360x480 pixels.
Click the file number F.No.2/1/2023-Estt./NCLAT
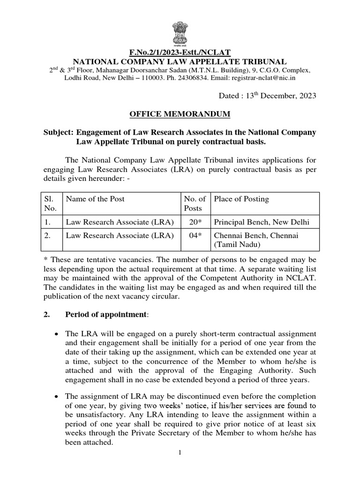[x=180, y=53]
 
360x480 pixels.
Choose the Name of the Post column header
[x=95, y=199]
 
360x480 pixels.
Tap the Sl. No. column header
[x=49, y=203]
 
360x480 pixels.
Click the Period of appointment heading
[x=105, y=314]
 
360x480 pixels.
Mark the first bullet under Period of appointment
[x=56, y=334]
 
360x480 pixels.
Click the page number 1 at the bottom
[x=180, y=452]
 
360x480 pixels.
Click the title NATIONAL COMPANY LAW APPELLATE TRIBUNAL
[x=180, y=62]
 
